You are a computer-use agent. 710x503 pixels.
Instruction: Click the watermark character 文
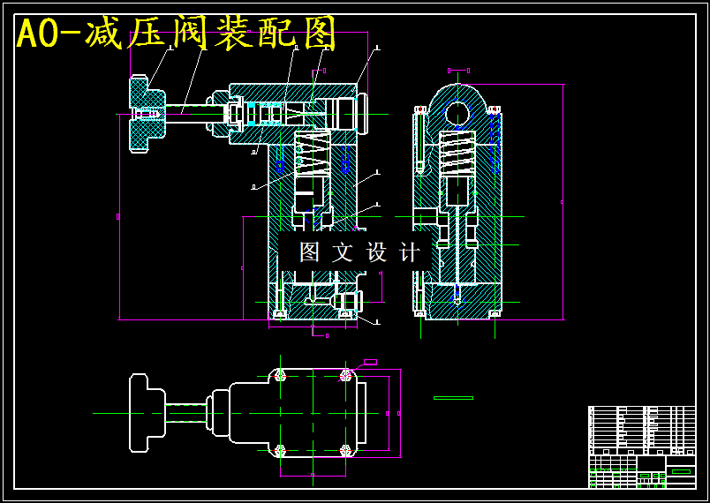343,252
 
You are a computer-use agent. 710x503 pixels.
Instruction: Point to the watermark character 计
410,252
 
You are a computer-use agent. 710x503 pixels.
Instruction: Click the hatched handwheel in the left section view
147,114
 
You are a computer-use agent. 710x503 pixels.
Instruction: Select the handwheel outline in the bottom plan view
146,413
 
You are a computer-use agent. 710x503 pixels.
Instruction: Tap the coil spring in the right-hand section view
457,152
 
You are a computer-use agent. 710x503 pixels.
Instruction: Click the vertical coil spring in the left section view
312,154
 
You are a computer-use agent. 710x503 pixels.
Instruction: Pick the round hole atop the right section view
457,113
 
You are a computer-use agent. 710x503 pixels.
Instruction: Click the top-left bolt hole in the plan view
280,375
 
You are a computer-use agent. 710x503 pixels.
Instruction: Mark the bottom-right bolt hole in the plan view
345,451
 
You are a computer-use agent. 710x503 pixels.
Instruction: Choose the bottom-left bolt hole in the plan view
280,451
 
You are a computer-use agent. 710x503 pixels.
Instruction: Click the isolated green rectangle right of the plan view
453,398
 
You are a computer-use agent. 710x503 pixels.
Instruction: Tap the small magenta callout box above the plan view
370,362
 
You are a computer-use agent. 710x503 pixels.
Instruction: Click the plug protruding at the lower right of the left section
346,301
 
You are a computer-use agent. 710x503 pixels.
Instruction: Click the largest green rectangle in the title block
681,471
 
